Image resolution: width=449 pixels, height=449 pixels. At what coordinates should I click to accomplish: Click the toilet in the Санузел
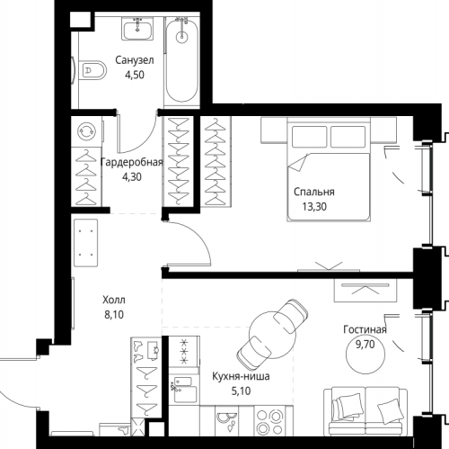pos(93,70)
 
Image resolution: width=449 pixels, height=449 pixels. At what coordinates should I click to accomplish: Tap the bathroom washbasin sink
pos(137,29)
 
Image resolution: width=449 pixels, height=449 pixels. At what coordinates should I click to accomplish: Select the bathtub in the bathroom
pos(182,60)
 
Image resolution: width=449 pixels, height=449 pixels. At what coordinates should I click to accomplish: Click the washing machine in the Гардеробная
pos(87,131)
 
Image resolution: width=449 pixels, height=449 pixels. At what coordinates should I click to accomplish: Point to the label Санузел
pos(135,60)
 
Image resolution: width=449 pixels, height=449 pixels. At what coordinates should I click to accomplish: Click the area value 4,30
pos(132,177)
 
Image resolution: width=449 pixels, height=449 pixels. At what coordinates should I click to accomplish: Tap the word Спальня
pos(314,192)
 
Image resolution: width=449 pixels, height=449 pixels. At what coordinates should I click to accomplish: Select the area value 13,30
pos(314,207)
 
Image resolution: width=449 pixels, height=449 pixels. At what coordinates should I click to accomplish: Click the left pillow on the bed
pos(309,137)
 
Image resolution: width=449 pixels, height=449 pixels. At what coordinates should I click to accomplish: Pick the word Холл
pos(114,300)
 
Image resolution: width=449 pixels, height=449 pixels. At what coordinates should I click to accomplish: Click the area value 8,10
pos(114,315)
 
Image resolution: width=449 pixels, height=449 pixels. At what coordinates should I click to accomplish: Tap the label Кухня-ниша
pos(241,376)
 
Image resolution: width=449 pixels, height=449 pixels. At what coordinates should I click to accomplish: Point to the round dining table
pos(272,335)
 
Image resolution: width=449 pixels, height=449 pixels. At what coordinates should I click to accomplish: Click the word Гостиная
pos(365,329)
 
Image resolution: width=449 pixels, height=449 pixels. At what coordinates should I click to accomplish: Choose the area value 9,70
pos(365,345)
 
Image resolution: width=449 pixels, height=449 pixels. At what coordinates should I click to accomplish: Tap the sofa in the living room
pos(365,411)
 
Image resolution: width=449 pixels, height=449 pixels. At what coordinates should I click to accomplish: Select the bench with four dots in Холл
pos(85,243)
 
